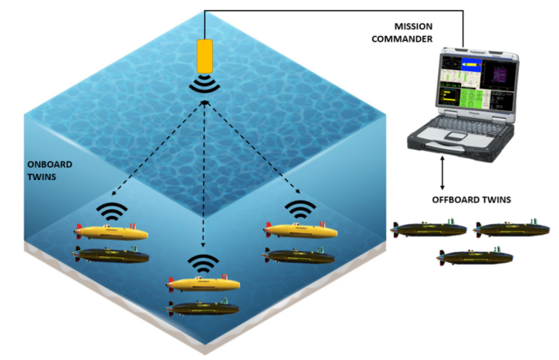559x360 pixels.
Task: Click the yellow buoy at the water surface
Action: (x=205, y=56)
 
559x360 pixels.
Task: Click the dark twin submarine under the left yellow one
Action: (x=111, y=254)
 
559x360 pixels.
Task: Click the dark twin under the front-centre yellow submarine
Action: (x=203, y=308)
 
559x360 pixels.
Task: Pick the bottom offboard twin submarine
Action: (x=476, y=257)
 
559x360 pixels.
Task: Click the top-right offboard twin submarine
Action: (x=512, y=228)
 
